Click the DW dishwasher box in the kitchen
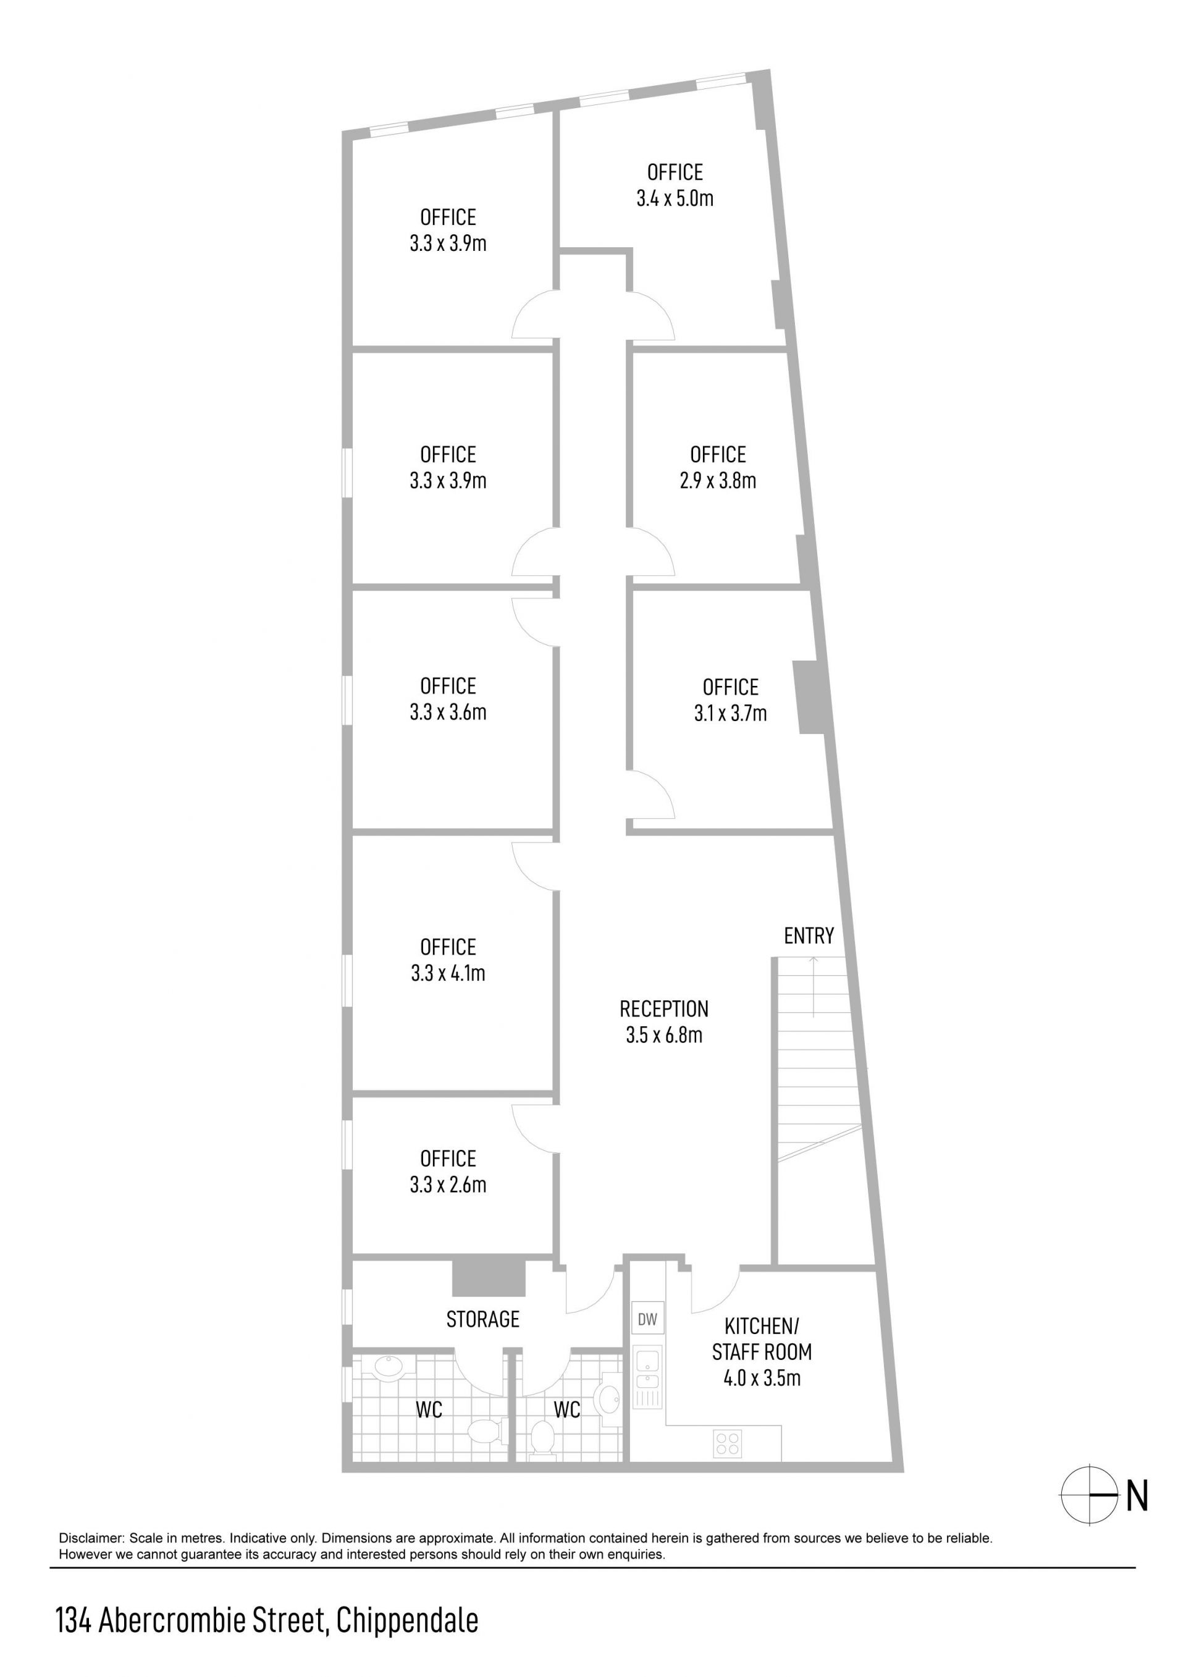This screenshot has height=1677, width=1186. [x=647, y=1319]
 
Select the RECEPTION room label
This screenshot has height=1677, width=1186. [x=664, y=1008]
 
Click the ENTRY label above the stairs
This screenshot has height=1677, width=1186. [x=809, y=936]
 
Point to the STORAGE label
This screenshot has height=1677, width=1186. [x=482, y=1319]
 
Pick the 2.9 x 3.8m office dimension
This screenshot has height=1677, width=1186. [x=718, y=481]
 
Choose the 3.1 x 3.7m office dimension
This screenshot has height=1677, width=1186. [x=730, y=713]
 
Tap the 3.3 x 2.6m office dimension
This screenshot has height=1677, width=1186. [x=448, y=1185]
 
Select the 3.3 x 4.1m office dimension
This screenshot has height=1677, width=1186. [x=448, y=973]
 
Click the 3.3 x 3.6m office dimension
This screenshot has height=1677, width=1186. [x=448, y=712]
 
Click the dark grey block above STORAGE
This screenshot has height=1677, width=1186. [x=489, y=1277]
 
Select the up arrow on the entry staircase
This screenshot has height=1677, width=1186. [x=814, y=986]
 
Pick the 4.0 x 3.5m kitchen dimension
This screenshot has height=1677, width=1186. [x=762, y=1379]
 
